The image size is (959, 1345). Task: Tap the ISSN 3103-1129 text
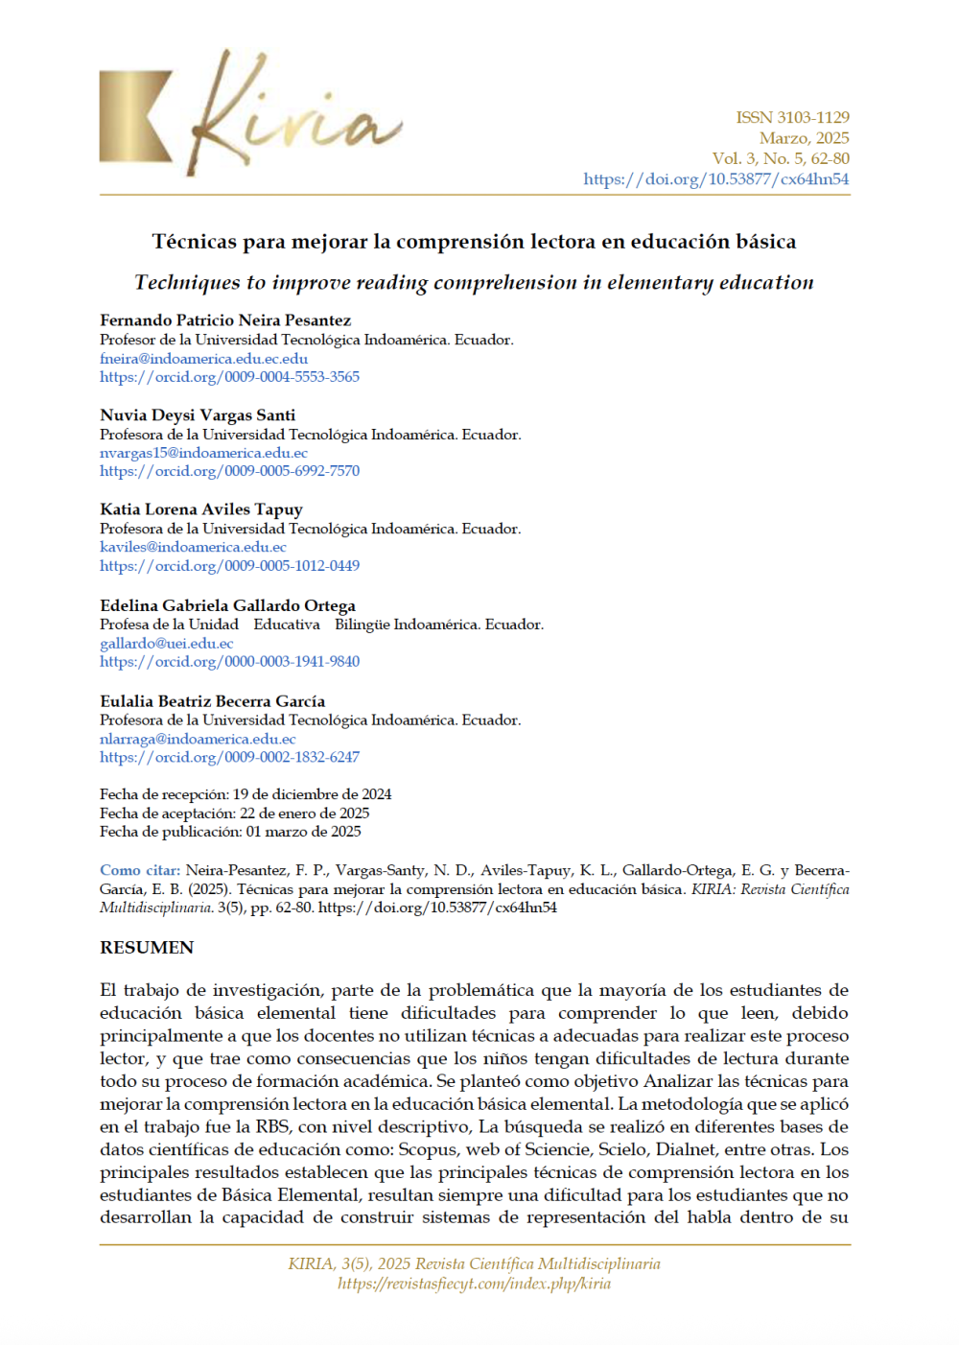click(x=792, y=117)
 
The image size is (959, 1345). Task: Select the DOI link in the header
click(x=715, y=179)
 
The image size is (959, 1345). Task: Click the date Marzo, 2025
click(x=804, y=138)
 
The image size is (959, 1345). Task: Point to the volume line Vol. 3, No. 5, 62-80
click(x=780, y=158)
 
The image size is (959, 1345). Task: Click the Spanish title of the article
click(x=474, y=242)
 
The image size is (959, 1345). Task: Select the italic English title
click(x=474, y=282)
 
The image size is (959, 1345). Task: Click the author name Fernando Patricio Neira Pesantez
click(x=225, y=320)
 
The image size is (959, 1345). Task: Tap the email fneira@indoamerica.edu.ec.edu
click(x=203, y=359)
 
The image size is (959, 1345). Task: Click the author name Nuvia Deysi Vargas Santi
click(x=198, y=415)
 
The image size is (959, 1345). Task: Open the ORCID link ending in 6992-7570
click(x=229, y=471)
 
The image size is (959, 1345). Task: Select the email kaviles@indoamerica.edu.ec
click(x=193, y=547)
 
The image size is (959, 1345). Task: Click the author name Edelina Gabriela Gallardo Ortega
click(x=227, y=605)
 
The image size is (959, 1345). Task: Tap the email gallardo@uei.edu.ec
click(x=166, y=644)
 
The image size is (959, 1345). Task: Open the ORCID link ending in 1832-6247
click(x=229, y=757)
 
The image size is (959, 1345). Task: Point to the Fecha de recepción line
click(x=246, y=794)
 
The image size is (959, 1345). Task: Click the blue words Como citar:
click(x=139, y=870)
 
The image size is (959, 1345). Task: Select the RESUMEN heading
click(x=147, y=948)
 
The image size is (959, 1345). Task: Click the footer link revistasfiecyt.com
click(x=474, y=1284)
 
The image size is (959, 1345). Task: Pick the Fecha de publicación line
click(x=230, y=832)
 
